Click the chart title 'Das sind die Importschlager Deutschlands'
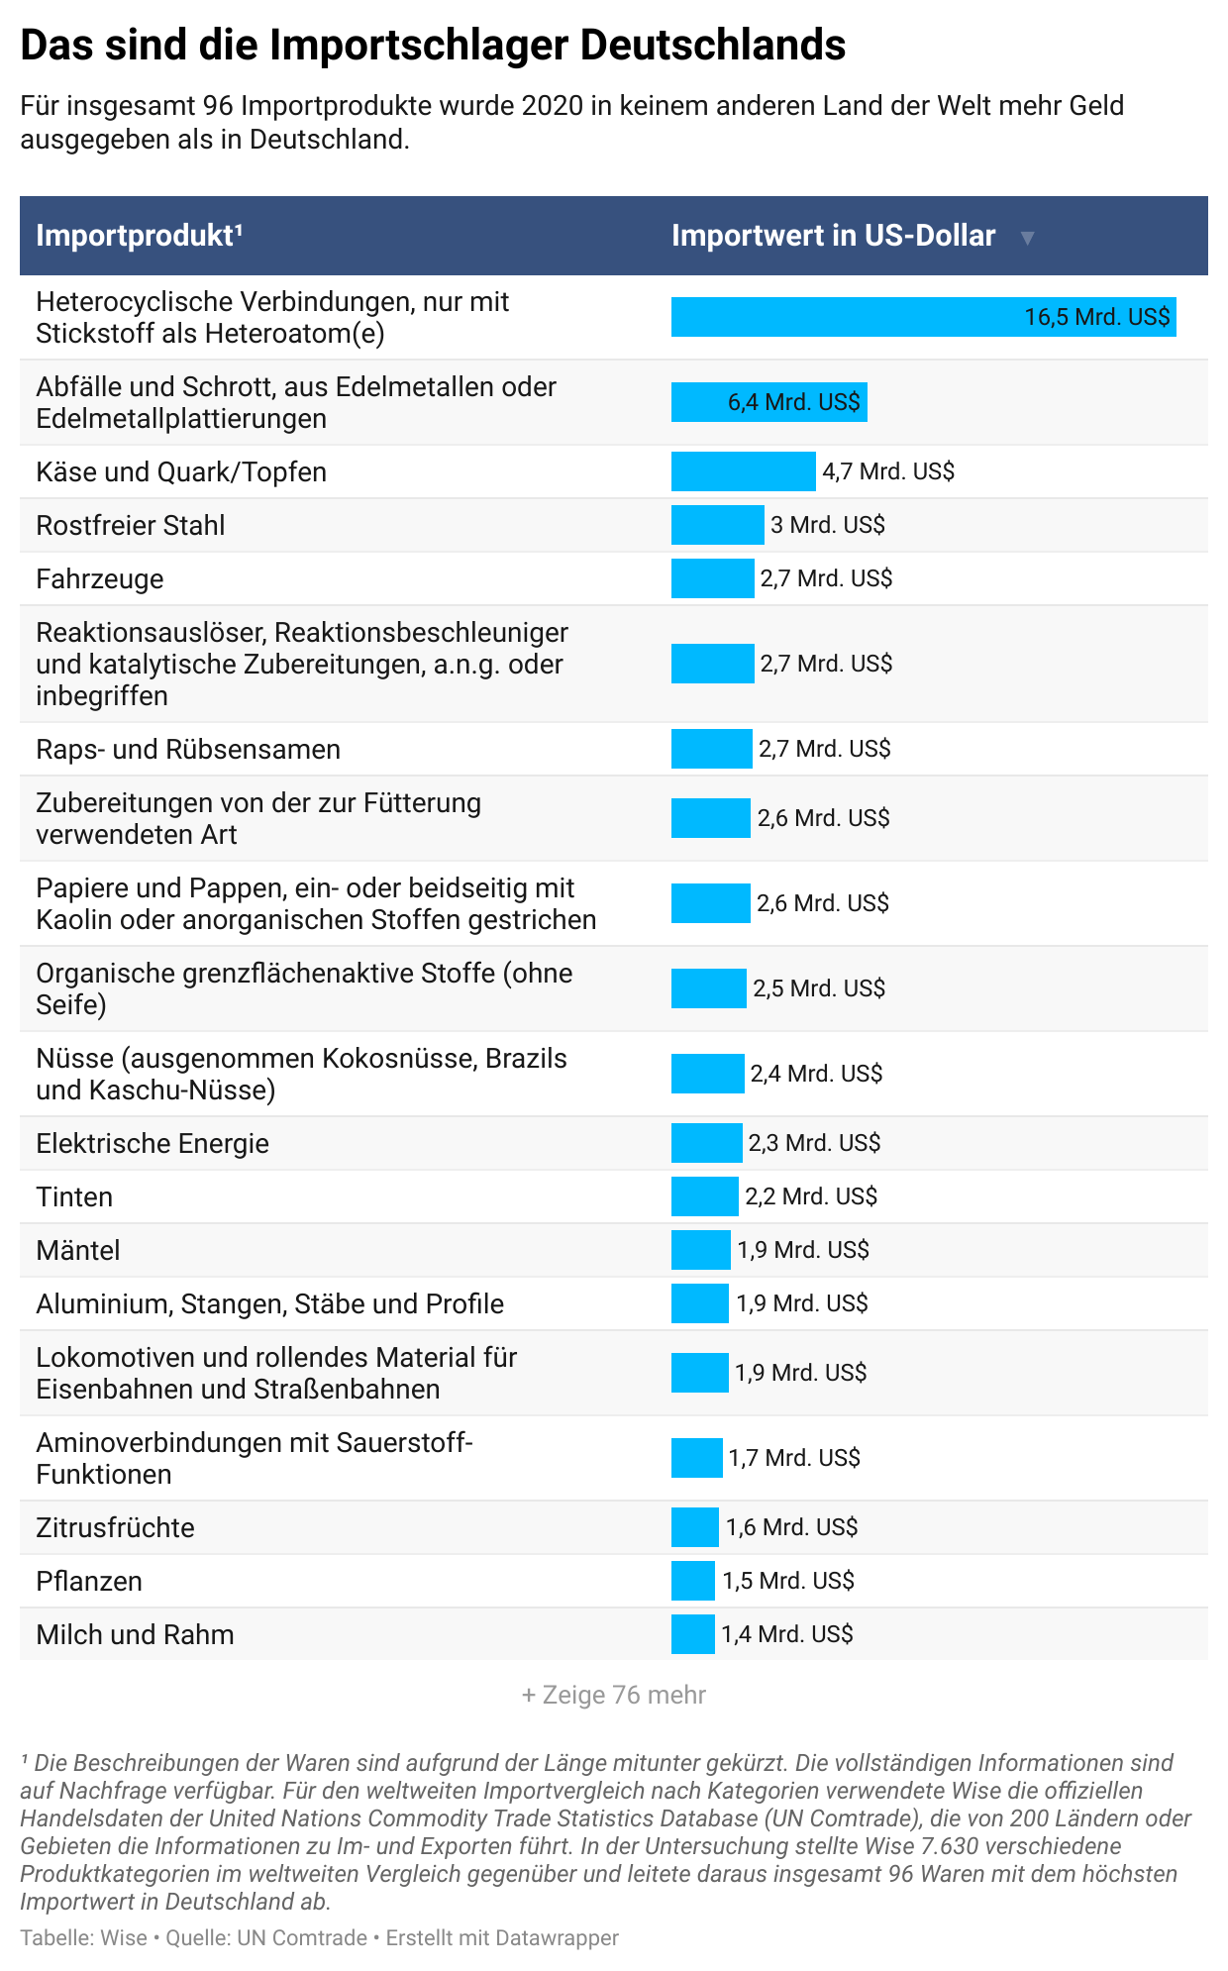433,46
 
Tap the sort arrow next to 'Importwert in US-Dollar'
1027,238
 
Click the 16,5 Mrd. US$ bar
923,317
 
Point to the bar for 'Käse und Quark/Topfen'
743,471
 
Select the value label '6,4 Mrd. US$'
794,402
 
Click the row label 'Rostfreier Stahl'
131,525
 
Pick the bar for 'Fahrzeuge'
712,578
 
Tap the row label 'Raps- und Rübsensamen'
188,749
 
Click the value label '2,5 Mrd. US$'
819,988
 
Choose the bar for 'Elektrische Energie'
706,1143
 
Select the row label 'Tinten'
74,1196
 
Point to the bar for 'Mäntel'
700,1250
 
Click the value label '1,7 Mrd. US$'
794,1458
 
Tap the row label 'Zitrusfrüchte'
115,1527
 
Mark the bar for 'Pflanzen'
692,1581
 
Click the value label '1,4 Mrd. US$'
787,1634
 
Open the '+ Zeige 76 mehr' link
614,1695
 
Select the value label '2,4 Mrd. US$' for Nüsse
816,1074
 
